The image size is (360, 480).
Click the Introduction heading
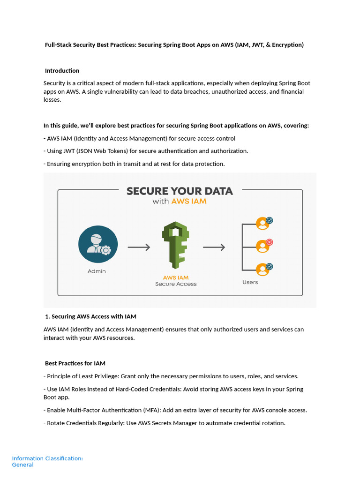(62, 71)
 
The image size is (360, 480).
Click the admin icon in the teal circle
(97, 245)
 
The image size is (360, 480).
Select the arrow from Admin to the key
(139, 247)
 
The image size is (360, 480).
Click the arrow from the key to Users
(214, 247)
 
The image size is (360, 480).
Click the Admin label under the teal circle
(97, 271)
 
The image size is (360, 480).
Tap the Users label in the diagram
(250, 282)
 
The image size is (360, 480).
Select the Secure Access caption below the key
(176, 284)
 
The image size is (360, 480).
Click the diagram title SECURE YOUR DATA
(180, 191)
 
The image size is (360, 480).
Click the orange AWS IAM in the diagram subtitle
(188, 202)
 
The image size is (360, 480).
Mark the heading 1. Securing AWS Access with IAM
(90, 317)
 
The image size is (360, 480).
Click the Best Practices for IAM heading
(75, 363)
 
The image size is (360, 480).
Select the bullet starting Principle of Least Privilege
(171, 376)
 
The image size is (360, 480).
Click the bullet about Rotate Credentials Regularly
(164, 423)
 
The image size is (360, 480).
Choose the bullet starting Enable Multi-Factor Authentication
(175, 410)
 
